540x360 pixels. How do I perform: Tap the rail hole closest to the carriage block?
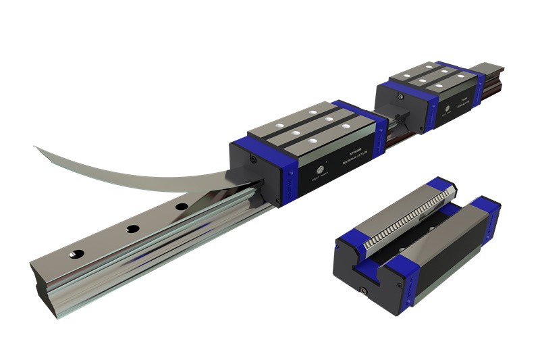[182, 207]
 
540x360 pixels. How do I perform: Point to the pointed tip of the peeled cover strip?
[34, 147]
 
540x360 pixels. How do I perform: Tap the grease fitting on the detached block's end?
[364, 291]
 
